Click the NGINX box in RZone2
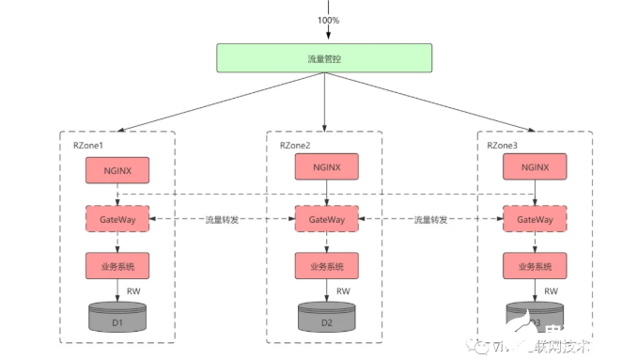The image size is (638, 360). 326,167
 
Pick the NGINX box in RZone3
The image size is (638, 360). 535,167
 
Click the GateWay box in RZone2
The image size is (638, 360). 326,219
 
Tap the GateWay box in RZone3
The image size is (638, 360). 535,219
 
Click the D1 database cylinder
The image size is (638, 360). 117,318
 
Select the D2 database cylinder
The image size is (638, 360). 326,318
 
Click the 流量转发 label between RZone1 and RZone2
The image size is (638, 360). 222,219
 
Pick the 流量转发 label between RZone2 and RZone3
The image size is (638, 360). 430,219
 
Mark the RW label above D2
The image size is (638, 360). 343,291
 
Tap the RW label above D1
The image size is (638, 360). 134,291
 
